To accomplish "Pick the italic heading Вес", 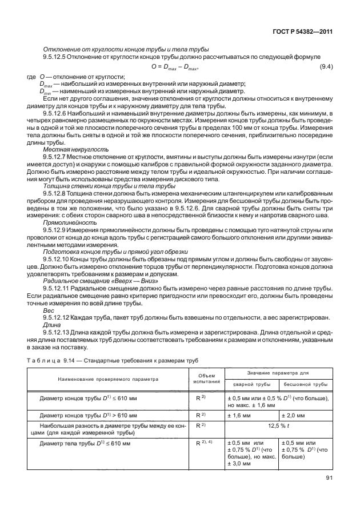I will tap(48, 310).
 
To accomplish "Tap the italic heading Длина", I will tap(52, 325).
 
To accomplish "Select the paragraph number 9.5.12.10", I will tap(59, 259).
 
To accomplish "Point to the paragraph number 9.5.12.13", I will tap(59, 332).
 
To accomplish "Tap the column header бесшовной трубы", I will tap(306, 385).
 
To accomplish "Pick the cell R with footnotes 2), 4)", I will tap(205, 443).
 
